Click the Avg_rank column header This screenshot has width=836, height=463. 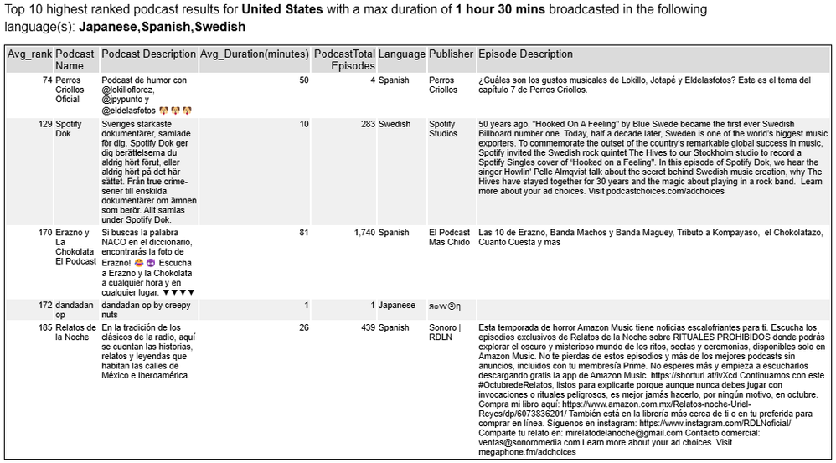pos(29,54)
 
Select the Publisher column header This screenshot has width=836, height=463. pos(451,54)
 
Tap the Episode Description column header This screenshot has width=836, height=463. pos(525,54)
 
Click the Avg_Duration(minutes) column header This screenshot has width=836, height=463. pos(254,54)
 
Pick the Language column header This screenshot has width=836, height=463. pos(401,54)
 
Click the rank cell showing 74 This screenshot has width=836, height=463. pos(47,80)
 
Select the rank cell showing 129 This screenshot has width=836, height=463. pos(44,124)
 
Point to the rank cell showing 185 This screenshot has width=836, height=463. pos(44,327)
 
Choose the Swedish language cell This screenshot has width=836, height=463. pos(395,124)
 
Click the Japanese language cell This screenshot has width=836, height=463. pos(397,306)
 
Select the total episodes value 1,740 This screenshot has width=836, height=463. pos(359,232)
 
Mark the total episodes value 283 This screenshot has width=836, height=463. pos(365,124)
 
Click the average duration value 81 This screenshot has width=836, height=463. pos(303,232)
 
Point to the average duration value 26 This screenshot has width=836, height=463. pos(303,327)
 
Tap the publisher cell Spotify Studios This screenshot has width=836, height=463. pos(443,129)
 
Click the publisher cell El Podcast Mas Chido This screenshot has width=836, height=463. pos(450,237)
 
